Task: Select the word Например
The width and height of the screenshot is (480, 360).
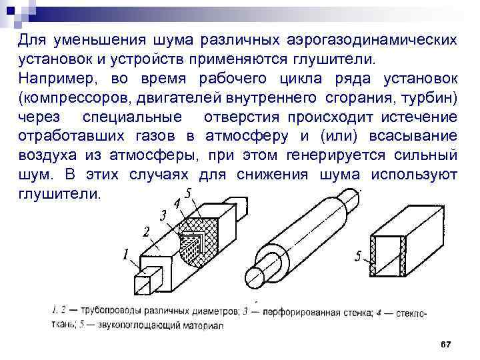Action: tap(53, 79)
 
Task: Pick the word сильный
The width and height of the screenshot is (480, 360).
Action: tap(423, 156)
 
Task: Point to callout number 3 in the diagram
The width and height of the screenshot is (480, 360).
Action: tap(163, 215)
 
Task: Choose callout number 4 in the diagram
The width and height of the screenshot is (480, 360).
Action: tap(177, 203)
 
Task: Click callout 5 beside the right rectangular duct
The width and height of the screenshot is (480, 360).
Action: tap(359, 256)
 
